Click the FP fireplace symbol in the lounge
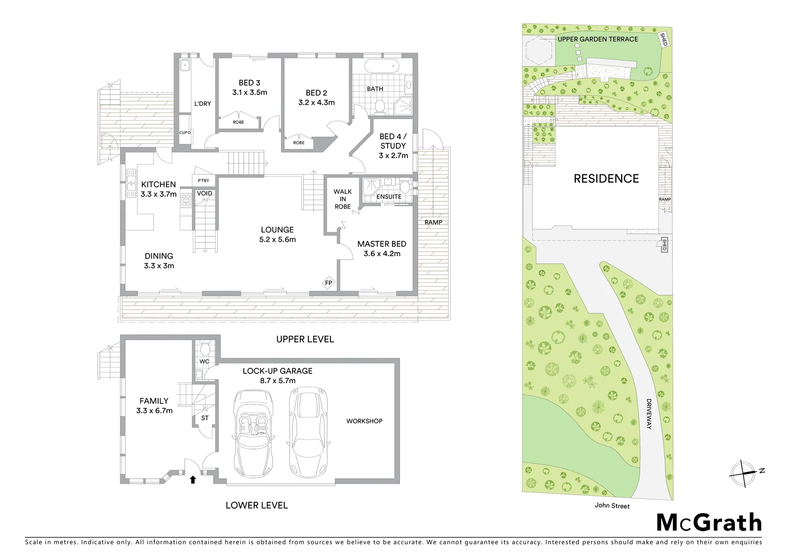coord(328,283)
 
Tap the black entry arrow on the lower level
coord(193,480)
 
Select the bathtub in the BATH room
coord(382,66)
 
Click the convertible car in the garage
coord(254,433)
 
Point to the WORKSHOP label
coord(364,421)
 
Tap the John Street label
coord(612,506)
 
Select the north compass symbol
coord(744,474)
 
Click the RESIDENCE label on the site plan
coord(606,179)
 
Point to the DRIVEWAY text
coord(649,414)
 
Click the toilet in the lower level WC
coord(204,349)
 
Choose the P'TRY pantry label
coord(203,181)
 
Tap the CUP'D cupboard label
coord(185,132)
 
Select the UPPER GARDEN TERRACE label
coord(598,39)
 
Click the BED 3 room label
coord(249,83)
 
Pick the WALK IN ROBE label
coord(343,199)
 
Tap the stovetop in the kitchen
coord(186,200)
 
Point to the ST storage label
coord(205,418)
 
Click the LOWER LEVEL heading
coord(257,505)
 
